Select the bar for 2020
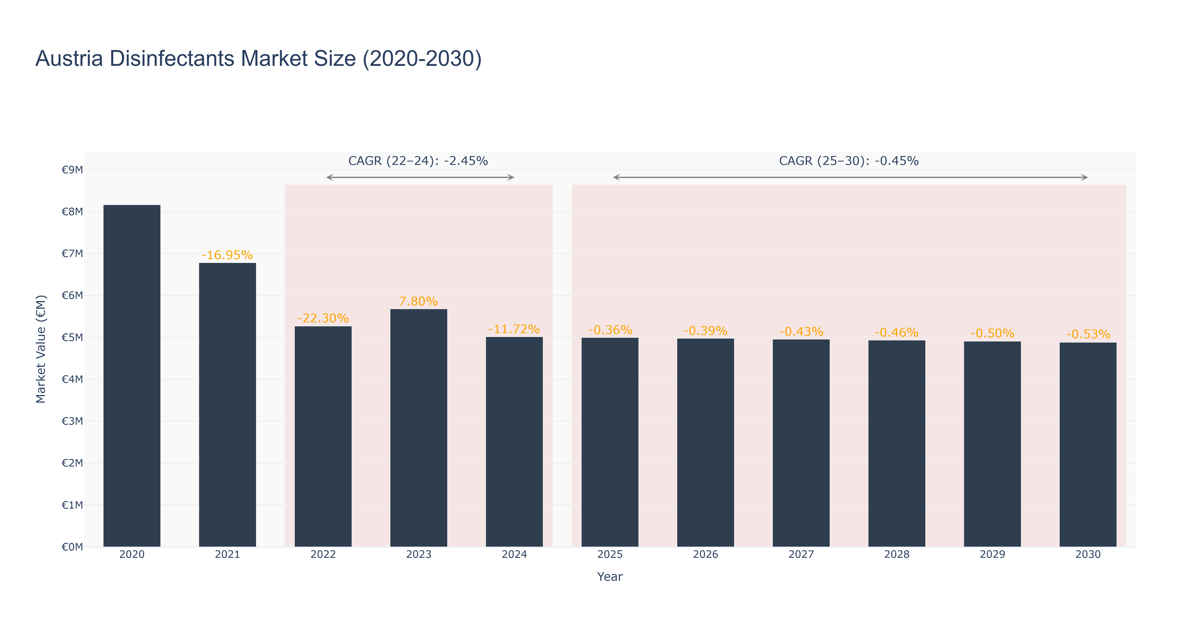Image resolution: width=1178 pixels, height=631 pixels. point(132,376)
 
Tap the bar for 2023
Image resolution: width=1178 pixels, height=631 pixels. point(418,428)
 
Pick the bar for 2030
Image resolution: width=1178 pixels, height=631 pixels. point(1088,444)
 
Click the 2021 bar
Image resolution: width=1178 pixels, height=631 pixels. point(227,405)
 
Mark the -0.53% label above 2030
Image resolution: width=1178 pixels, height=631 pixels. point(1088,334)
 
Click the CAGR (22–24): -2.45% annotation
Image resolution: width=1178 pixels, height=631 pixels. point(418,161)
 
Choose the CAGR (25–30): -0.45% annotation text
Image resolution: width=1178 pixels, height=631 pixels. point(849,161)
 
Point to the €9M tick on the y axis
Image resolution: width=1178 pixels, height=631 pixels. point(72,170)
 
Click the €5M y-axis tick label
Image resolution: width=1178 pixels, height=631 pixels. point(72,337)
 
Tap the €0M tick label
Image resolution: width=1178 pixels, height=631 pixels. point(72,547)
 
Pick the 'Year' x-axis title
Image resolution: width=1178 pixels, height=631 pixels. point(610,577)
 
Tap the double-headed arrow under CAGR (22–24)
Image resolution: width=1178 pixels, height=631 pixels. point(420,177)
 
